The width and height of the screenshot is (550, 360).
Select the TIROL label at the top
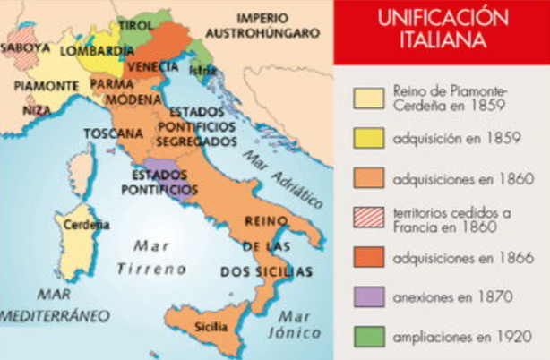(135, 25)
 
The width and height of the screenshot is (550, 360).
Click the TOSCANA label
(113, 133)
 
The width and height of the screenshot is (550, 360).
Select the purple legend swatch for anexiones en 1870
(368, 296)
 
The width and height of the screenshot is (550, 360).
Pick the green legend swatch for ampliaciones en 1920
(368, 338)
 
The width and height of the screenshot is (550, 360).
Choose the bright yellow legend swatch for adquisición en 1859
(368, 140)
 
